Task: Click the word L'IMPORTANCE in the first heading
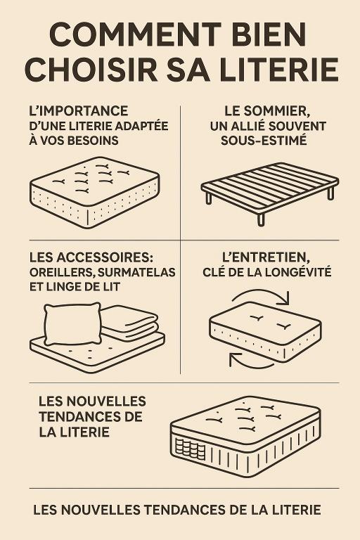79,112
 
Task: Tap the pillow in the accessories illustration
72,323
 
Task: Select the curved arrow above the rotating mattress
262,295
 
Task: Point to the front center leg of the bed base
261,219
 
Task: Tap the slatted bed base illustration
269,186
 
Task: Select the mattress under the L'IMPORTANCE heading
94,190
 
